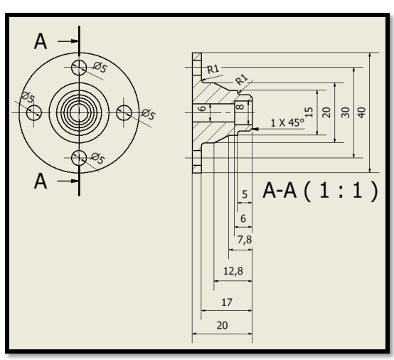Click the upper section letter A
pyautogui.click(x=43, y=42)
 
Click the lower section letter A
pyautogui.click(x=43, y=181)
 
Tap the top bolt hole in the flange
pyautogui.click(x=80, y=68)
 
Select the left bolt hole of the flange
pyautogui.click(x=35, y=112)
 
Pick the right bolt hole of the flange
pyautogui.click(x=124, y=112)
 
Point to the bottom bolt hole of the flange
pyautogui.click(x=80, y=157)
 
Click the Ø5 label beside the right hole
pyautogui.click(x=149, y=114)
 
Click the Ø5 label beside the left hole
pyautogui.click(x=26, y=97)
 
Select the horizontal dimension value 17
pyautogui.click(x=227, y=302)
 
